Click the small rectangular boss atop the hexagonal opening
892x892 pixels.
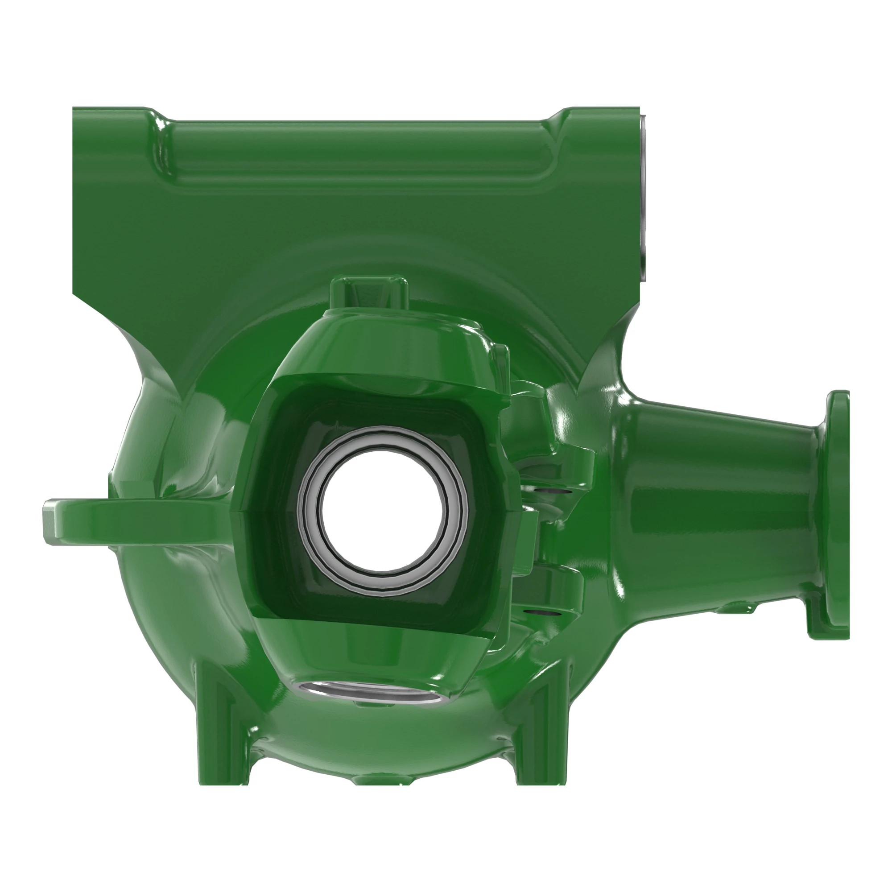click(x=368, y=292)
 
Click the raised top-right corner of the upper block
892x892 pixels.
click(x=600, y=116)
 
